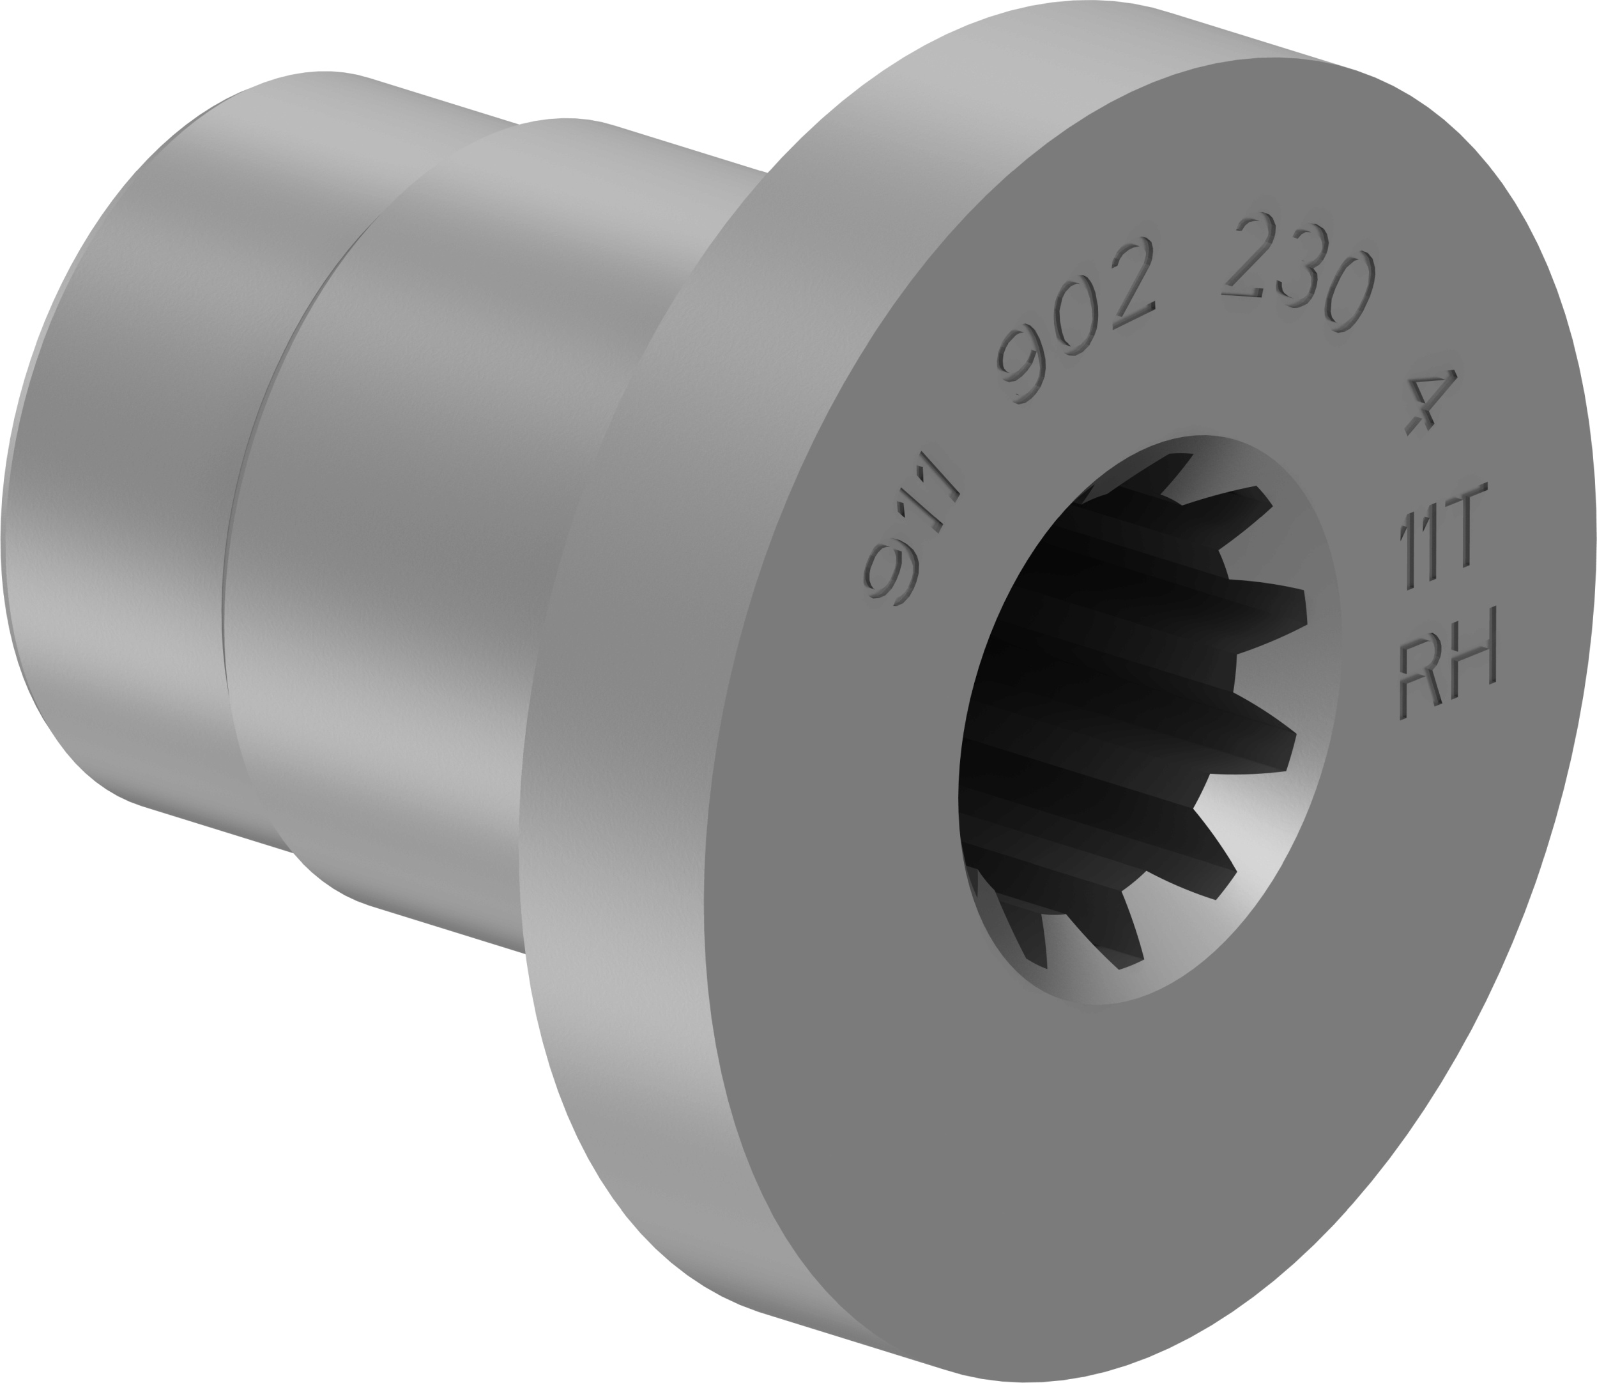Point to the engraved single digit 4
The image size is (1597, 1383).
pyautogui.click(x=1428, y=401)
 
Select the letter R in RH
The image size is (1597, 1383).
pyautogui.click(x=1419, y=672)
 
